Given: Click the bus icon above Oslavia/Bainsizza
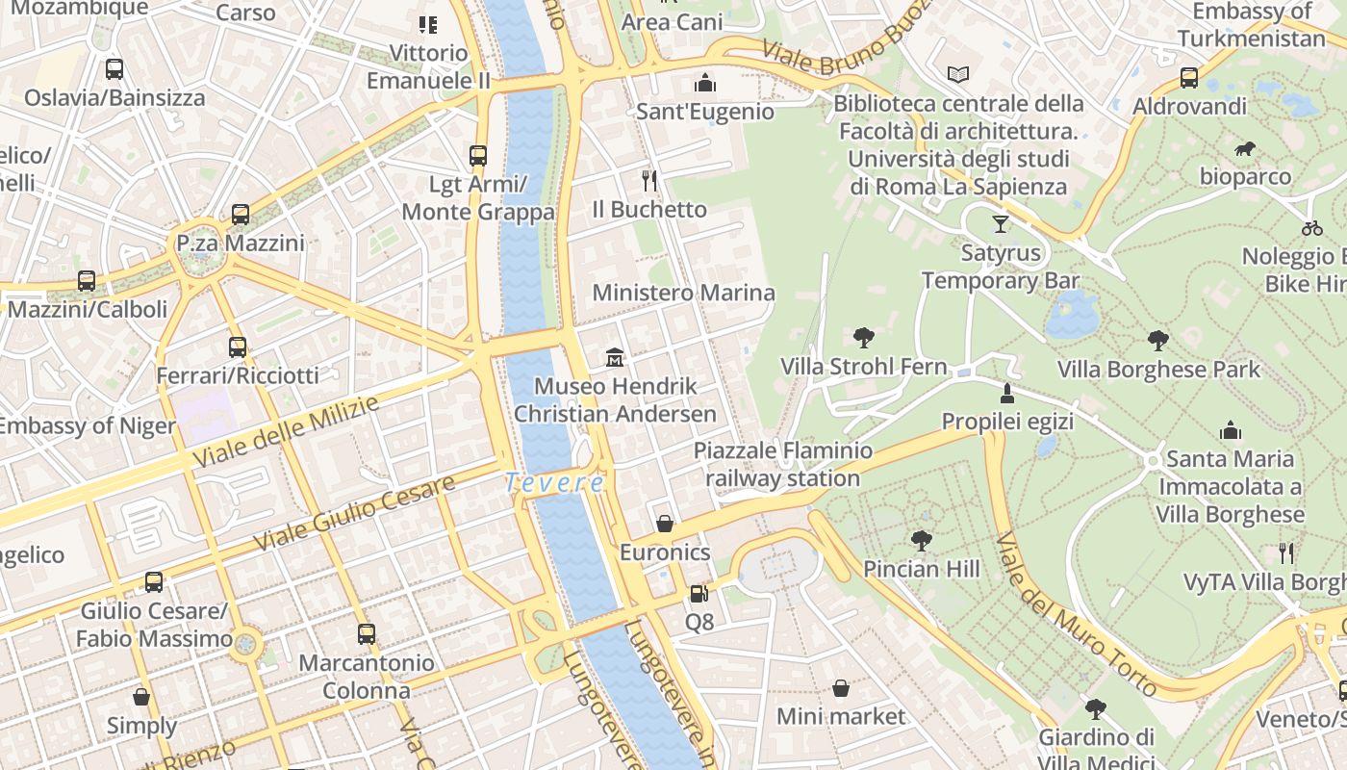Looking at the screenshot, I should point(114,69).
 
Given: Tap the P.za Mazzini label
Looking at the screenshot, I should point(241,244).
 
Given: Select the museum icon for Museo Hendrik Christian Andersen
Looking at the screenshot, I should point(615,358).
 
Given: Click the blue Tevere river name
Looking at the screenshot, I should point(556,483).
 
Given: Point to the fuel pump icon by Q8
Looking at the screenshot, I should point(699,594).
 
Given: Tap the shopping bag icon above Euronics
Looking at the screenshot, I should point(664,524).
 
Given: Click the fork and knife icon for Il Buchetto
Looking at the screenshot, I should point(649,180).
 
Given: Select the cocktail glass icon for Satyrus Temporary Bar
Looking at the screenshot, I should point(1001,224).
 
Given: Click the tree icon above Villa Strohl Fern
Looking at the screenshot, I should point(864,338).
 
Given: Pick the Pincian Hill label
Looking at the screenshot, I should point(921,569).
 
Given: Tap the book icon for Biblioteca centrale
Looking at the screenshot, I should point(958,74).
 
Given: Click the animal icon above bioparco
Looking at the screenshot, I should point(1245,148).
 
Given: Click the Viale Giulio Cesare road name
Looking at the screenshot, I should point(354,514).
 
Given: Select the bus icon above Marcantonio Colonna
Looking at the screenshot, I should point(367,634).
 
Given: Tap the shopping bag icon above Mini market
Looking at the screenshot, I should point(840,688).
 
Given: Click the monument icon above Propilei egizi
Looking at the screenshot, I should point(1007,393).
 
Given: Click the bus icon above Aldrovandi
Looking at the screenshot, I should point(1189,78).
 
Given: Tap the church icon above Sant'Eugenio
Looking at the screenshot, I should point(705,83).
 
